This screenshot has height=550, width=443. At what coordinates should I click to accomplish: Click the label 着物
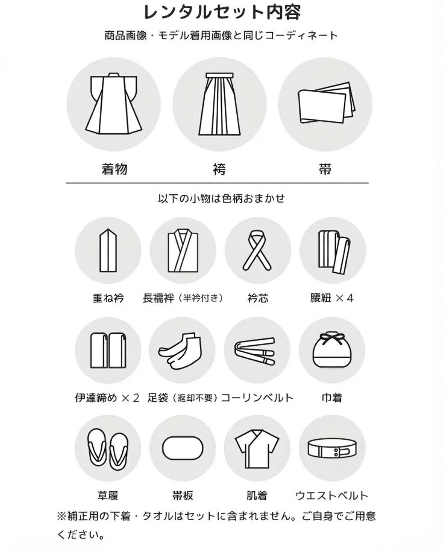114,169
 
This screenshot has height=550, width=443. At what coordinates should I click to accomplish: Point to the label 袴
219,169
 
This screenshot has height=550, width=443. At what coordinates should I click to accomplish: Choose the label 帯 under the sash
325,169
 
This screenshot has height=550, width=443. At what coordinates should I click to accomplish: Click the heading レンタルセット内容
222,12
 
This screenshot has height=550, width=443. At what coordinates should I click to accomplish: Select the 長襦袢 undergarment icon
183,251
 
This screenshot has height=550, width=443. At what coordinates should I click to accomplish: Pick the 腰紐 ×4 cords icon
333,251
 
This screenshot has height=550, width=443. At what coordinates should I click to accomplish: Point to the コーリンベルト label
257,397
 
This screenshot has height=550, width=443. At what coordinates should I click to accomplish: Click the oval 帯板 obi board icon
183,448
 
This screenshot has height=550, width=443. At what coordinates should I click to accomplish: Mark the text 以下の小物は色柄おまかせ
221,199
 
